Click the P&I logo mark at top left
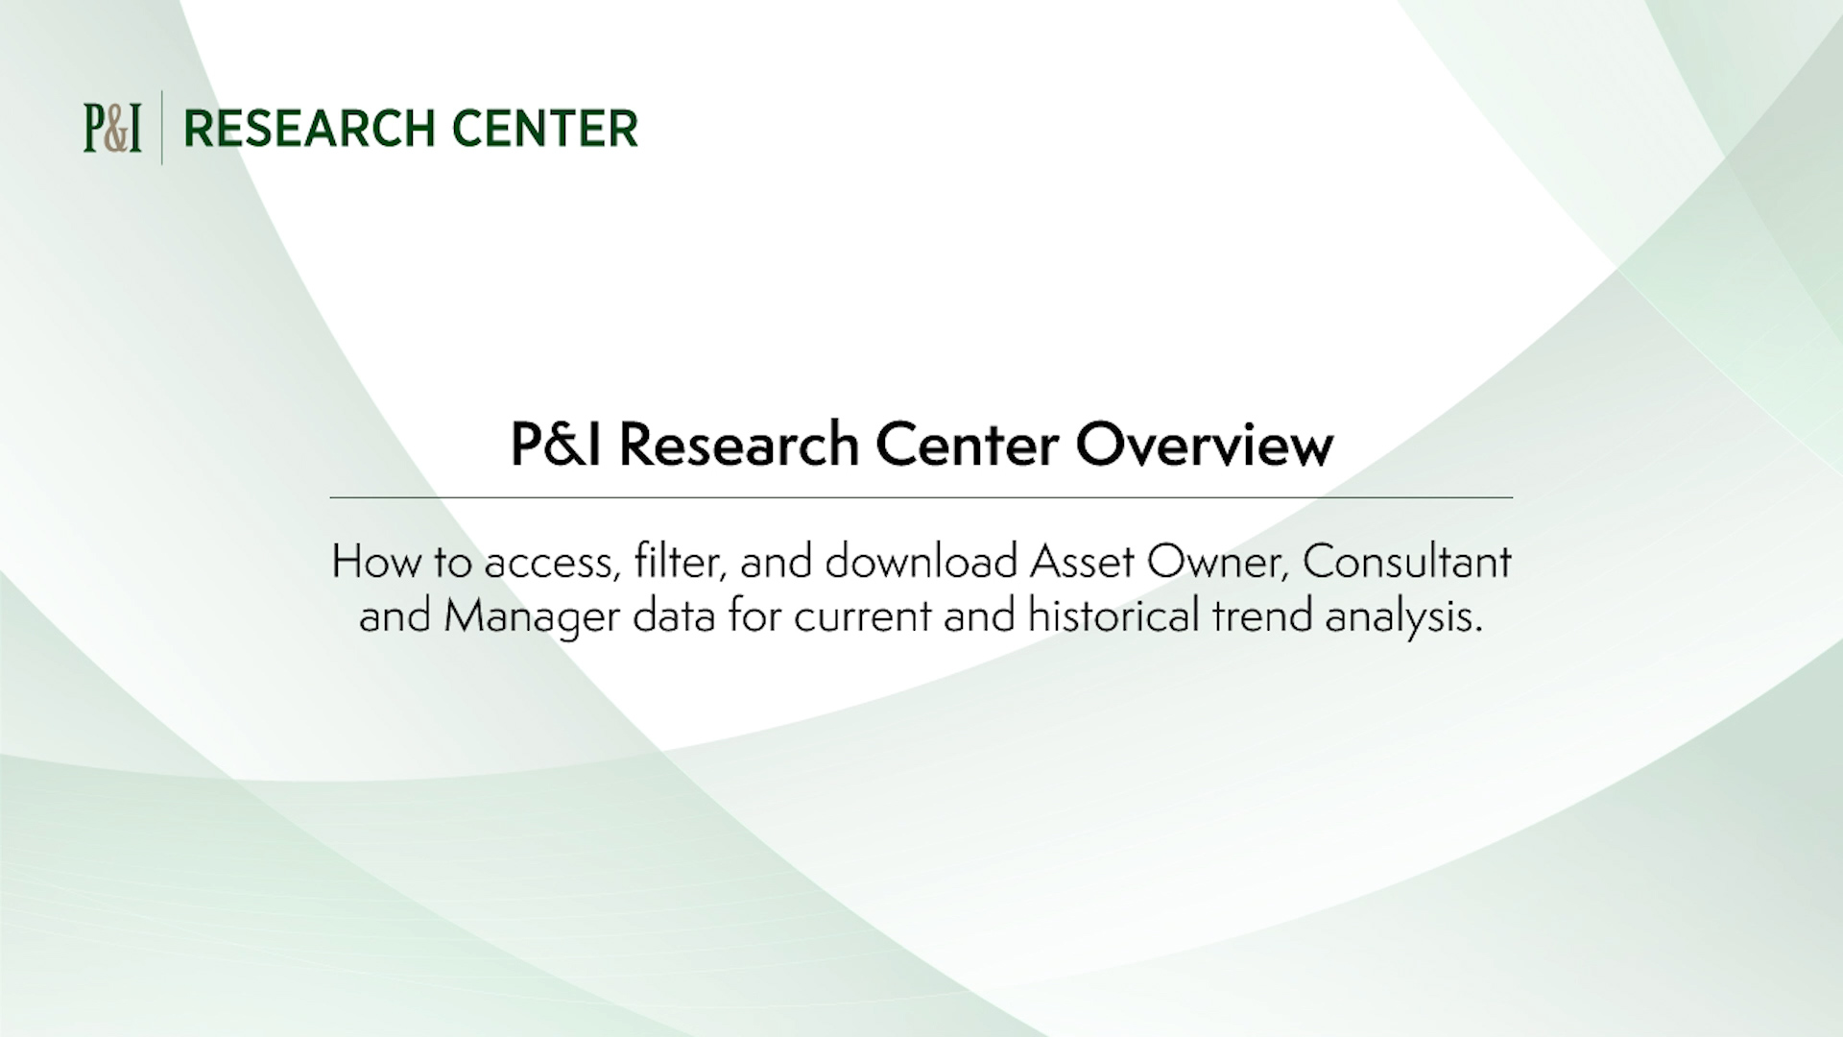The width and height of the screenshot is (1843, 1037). click(112, 129)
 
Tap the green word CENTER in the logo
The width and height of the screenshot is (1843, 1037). click(544, 130)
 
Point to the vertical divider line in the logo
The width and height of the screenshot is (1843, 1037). click(161, 128)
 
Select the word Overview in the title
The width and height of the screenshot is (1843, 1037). click(1204, 446)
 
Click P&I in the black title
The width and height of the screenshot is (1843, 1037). click(556, 446)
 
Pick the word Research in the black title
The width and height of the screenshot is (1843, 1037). click(738, 446)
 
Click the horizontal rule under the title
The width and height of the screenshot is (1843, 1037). click(921, 497)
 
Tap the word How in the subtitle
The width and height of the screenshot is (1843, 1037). click(375, 562)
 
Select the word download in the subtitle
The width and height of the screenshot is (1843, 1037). click(921, 562)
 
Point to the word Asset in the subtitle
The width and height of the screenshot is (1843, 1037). click(1082, 562)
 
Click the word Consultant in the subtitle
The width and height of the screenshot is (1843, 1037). click(1406, 562)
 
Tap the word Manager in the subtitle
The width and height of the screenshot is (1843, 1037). click(532, 617)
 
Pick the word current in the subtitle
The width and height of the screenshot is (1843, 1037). click(863, 617)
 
